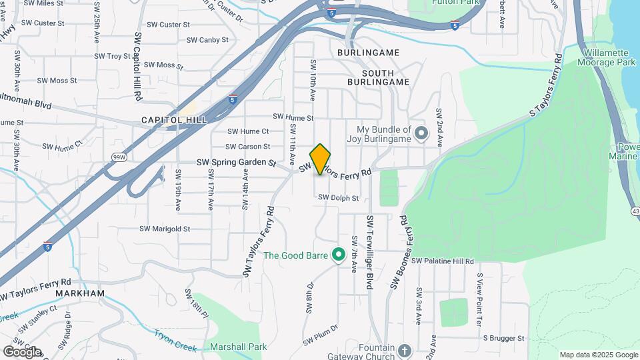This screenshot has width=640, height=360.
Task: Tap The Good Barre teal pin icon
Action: pos(338,255)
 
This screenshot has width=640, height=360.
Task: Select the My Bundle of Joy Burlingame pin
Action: pos(421,134)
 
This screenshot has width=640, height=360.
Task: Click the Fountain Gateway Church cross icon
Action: pos(405,349)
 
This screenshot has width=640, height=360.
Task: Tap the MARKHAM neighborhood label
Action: pos(81,293)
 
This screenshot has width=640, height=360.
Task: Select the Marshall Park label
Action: pos(238,347)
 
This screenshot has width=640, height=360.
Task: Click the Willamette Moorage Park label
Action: pos(609,57)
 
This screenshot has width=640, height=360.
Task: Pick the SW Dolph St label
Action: pos(339,197)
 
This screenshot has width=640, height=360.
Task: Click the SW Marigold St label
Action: pos(165,229)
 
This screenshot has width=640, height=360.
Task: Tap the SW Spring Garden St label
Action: pos(236,162)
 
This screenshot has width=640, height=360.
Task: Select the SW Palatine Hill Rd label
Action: pos(442,261)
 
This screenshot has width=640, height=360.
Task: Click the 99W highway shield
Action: pos(118,157)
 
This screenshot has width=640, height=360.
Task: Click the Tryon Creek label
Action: pos(175,340)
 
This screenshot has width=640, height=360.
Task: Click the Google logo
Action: pos(22,351)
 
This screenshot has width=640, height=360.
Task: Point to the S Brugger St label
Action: pos(505,339)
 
